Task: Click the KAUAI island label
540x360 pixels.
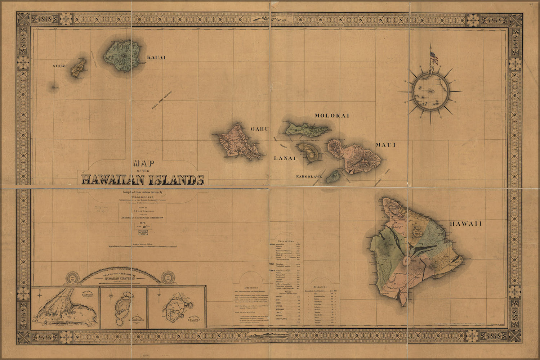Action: click(156, 57)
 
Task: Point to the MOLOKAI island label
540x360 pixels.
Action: click(332, 116)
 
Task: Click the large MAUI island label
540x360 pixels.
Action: click(386, 145)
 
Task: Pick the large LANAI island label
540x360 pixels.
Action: click(285, 158)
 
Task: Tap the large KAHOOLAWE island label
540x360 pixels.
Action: click(309, 177)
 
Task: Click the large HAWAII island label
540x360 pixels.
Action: click(465, 224)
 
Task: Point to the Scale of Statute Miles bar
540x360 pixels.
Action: click(143, 247)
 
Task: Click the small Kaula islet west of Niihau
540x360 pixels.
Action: click(55, 87)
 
